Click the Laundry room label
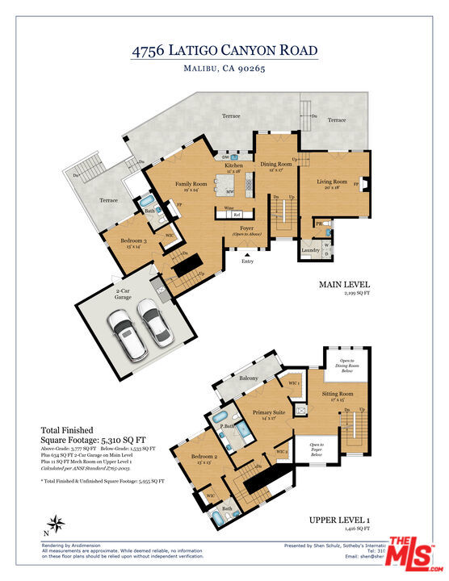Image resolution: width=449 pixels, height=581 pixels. (310, 250)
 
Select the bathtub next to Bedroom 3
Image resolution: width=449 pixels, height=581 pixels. (149, 201)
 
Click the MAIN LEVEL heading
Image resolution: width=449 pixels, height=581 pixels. (344, 285)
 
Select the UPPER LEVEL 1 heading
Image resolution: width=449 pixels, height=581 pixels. (338, 520)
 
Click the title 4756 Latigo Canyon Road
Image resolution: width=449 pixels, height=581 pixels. (224, 50)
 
